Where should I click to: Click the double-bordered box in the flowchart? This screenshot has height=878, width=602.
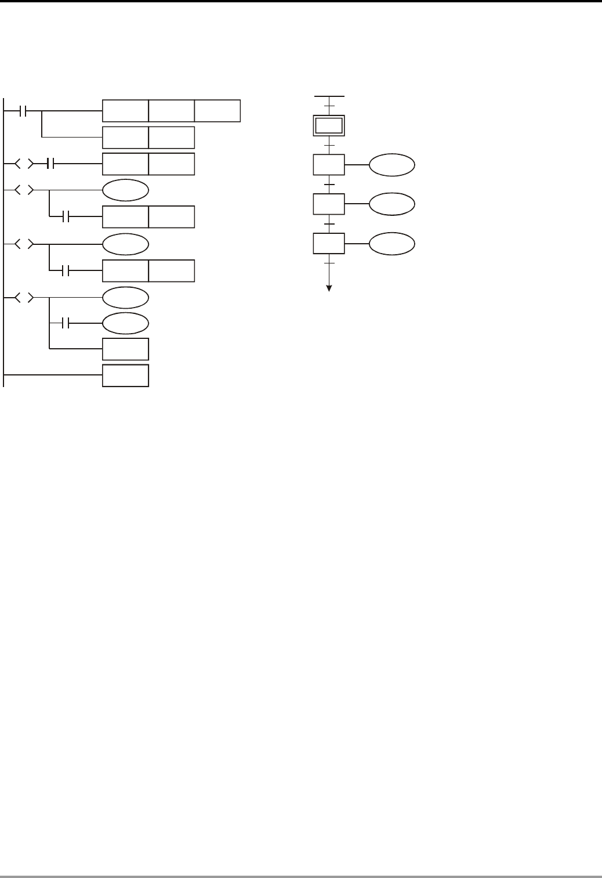(329, 125)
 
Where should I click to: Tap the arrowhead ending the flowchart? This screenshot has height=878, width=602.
(329, 288)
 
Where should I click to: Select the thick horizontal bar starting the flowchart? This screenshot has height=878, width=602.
(329, 96)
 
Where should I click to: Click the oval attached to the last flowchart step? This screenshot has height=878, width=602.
(392, 244)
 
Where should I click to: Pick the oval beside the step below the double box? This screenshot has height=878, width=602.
(392, 165)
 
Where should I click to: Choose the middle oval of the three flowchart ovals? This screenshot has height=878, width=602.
(392, 204)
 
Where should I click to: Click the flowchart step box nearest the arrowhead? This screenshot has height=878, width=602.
(329, 243)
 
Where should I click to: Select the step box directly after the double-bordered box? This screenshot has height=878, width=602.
(329, 165)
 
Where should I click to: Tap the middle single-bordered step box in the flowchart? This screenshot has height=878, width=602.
(329, 204)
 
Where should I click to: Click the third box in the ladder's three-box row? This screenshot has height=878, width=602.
(217, 111)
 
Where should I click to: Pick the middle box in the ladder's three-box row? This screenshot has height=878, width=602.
(171, 111)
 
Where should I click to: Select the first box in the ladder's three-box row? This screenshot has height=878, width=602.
(125, 111)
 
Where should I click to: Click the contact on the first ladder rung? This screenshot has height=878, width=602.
(23, 111)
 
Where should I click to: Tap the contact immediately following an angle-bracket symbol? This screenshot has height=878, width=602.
(49, 164)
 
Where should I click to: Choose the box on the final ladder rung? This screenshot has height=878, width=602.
(125, 375)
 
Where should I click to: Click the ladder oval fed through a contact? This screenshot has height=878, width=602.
(125, 323)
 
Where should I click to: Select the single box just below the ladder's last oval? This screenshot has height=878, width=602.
(125, 349)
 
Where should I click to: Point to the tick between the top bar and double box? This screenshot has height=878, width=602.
(329, 106)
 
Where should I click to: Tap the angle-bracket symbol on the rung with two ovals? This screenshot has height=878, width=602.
(23, 298)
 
